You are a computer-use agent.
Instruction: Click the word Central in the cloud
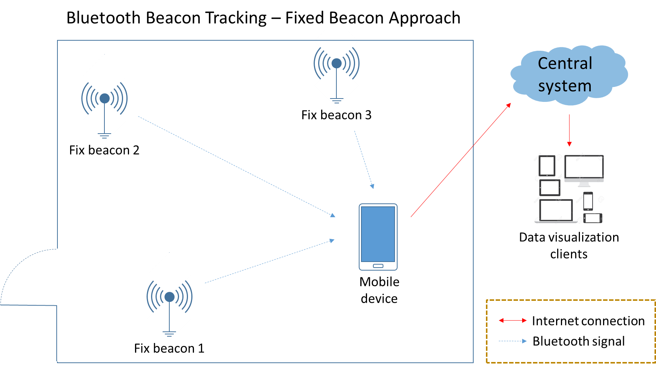pyautogui.click(x=565, y=63)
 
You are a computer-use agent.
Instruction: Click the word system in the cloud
pyautogui.click(x=565, y=86)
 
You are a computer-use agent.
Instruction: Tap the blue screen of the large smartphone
pyautogui.click(x=378, y=234)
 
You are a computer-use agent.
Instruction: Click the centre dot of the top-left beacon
pyautogui.click(x=104, y=98)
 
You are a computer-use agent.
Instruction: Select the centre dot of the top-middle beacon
pyautogui.click(x=336, y=63)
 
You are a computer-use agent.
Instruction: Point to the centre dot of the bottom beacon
pyautogui.click(x=169, y=297)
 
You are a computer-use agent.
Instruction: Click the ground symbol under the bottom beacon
pyautogui.click(x=169, y=333)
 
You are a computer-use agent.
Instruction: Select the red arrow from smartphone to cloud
pyautogui.click(x=461, y=160)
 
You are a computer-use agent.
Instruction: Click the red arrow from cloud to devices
pyautogui.click(x=569, y=130)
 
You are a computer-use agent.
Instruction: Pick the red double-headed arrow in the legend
pyautogui.click(x=513, y=320)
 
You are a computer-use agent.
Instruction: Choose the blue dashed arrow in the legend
pyautogui.click(x=513, y=341)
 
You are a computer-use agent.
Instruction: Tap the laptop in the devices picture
pyautogui.click(x=556, y=211)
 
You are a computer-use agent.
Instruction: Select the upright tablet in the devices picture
pyautogui.click(x=547, y=165)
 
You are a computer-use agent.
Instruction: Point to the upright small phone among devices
pyautogui.click(x=588, y=201)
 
